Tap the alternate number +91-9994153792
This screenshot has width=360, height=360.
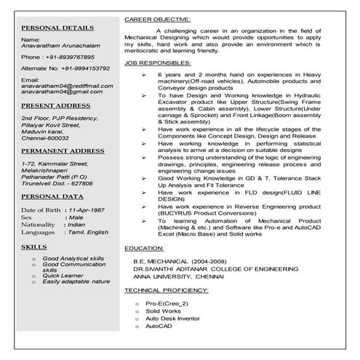tap(84, 68)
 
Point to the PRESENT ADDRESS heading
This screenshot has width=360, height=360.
tap(55, 105)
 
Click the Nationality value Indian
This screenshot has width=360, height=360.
tap(78, 225)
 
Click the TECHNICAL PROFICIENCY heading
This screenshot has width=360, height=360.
tap(166, 289)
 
